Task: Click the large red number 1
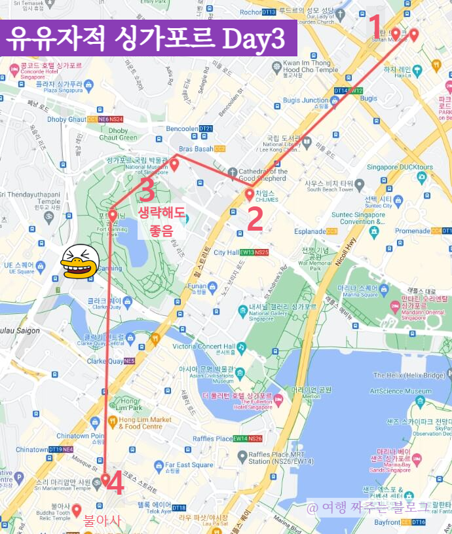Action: (375, 26)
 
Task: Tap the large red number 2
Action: (254, 219)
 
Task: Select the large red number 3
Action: (146, 190)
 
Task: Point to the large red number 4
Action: (115, 485)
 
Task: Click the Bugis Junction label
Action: (305, 100)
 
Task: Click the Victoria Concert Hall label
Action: (203, 346)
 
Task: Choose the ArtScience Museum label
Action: (400, 391)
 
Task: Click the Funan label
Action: (197, 285)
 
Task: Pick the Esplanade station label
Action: (312, 231)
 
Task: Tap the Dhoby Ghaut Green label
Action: (118, 134)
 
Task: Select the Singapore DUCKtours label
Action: (400, 167)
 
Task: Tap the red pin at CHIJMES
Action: (249, 194)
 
